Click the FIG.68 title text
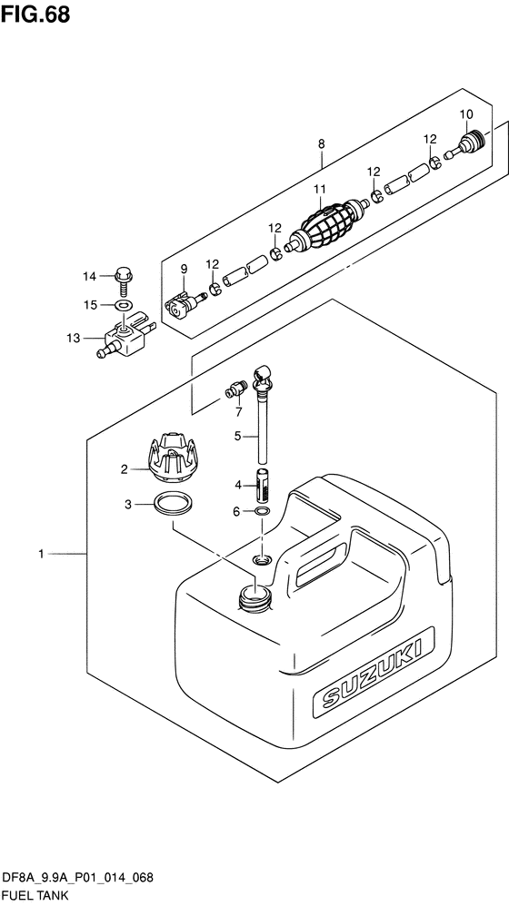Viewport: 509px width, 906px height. [35, 14]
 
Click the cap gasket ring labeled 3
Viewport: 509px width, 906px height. [174, 505]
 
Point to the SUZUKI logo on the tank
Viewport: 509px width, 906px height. [372, 675]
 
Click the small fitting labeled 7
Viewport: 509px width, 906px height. [236, 390]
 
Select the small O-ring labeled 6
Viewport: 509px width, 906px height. [262, 511]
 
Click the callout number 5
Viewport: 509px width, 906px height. [237, 437]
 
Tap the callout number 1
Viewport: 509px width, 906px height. [41, 554]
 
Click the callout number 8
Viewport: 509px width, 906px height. [322, 143]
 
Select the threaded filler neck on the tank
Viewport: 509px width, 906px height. [254, 598]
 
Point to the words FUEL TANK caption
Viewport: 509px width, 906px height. [35, 895]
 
